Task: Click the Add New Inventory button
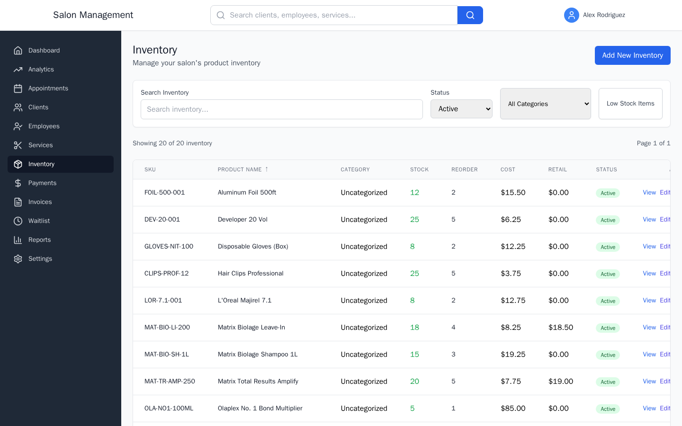[632, 55]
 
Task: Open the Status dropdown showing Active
[461, 109]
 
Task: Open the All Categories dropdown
[545, 104]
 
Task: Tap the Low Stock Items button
[630, 104]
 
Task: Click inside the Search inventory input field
[281, 109]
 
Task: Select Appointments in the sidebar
[48, 89]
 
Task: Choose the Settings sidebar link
[40, 259]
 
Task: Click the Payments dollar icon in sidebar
[18, 183]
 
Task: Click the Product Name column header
[240, 169]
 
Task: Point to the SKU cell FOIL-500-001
[164, 193]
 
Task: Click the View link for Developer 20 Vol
[649, 220]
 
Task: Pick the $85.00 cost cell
[513, 408]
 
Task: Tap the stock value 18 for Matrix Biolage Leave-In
[414, 328]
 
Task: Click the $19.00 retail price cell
[561, 382]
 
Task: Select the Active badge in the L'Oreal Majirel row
[608, 301]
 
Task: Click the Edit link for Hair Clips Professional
[665, 274]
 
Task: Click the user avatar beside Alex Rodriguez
[571, 15]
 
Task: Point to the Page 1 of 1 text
[653, 143]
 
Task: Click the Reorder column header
[464, 169]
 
